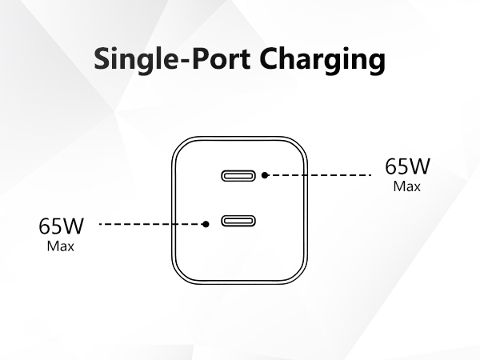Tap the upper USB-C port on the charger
click(240, 174)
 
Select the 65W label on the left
click(62, 226)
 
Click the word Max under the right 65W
click(407, 186)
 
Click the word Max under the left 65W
click(61, 246)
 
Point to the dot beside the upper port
click(266, 174)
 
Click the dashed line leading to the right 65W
click(320, 174)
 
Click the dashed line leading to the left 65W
click(152, 225)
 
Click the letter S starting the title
click(103, 59)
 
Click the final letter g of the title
click(376, 63)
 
